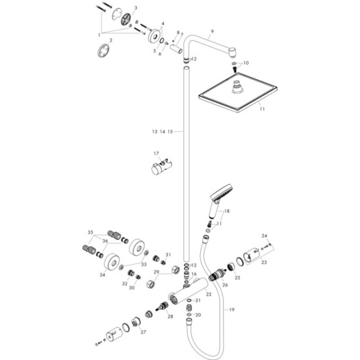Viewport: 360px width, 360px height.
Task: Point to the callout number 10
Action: (x=246, y=62)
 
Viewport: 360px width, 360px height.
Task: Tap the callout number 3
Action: (x=135, y=7)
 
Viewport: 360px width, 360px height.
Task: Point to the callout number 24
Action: (x=265, y=237)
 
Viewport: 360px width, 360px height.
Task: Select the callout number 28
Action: (x=170, y=317)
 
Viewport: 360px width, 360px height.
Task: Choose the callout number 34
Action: (x=102, y=274)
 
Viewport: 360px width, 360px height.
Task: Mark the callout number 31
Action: (x=169, y=255)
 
